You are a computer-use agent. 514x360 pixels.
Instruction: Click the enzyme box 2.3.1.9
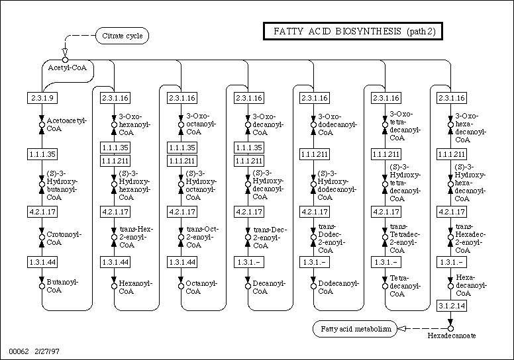42,98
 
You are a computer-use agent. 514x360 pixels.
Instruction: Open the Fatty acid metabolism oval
355,328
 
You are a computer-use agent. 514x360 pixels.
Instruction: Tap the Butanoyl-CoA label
62,287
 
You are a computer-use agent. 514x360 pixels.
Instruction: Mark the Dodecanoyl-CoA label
338,287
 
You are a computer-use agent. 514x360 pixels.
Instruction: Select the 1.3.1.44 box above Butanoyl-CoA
42,262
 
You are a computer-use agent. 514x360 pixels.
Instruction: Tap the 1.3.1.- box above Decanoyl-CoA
249,262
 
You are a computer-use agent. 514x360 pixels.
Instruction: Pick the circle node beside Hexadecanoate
450,328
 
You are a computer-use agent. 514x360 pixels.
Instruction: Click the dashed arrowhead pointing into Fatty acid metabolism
400,328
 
